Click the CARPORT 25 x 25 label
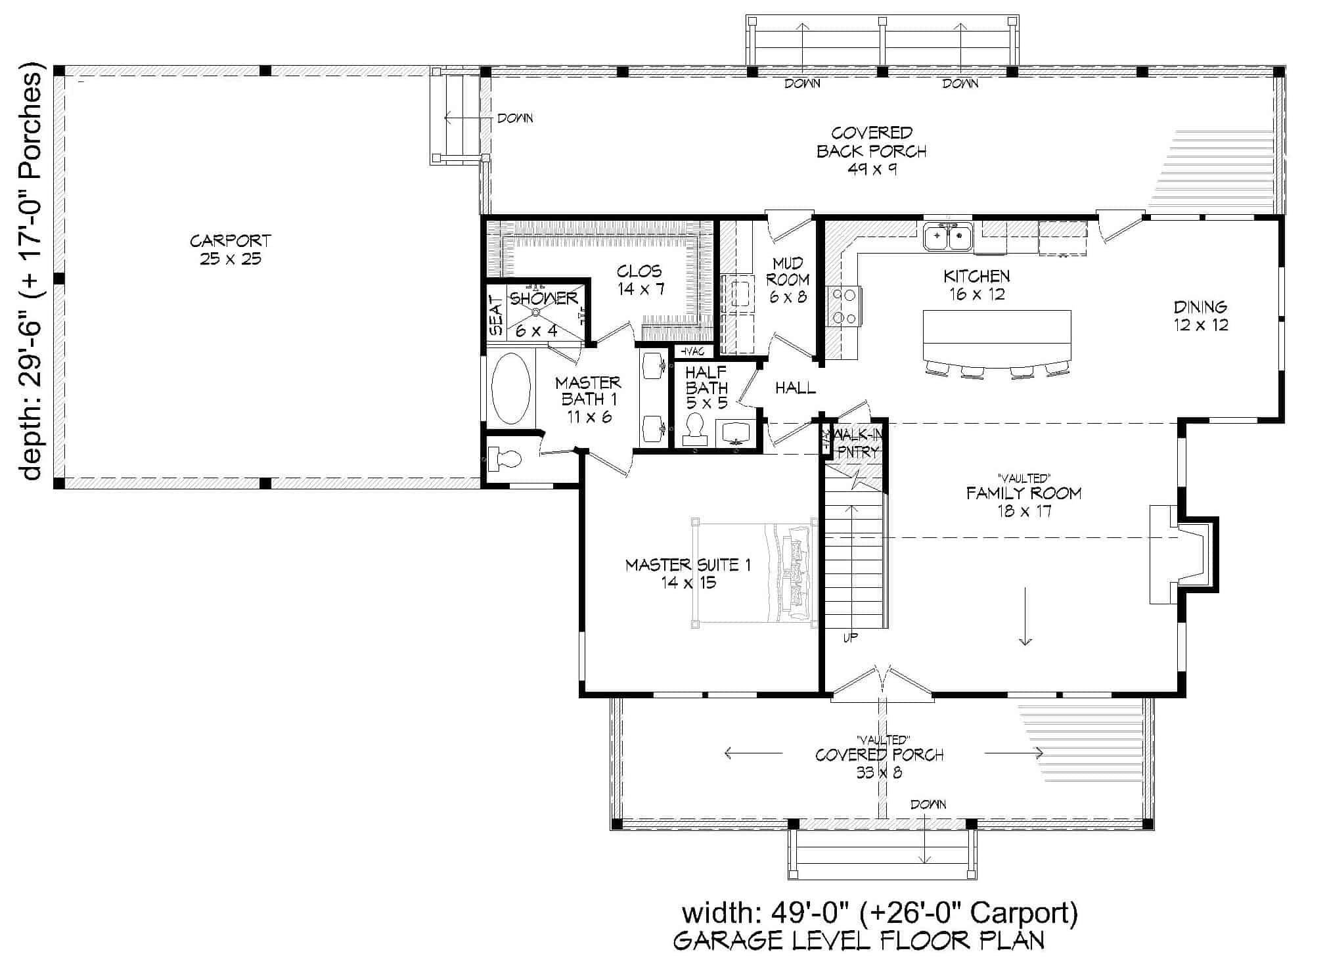[x=230, y=250]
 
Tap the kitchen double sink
[x=947, y=236]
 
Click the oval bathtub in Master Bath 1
[x=510, y=389]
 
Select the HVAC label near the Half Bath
[x=691, y=351]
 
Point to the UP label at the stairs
[x=850, y=637]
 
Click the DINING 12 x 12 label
[x=1200, y=315]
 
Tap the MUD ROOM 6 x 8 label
[x=788, y=280]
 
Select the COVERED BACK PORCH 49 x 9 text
[x=871, y=151]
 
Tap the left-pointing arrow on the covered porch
[x=752, y=753]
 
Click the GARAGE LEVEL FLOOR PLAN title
[x=859, y=941]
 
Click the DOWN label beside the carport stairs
[x=515, y=118]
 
